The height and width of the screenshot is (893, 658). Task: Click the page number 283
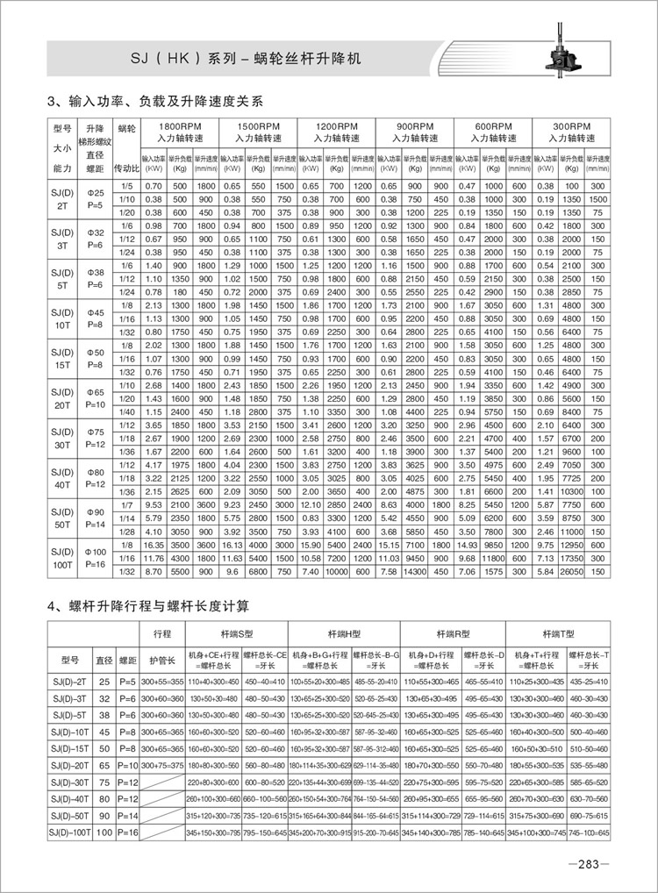click(583, 864)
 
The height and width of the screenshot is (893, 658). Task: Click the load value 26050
click(571, 571)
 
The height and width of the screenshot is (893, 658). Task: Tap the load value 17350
click(571, 558)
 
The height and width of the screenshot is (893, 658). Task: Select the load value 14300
click(415, 571)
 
